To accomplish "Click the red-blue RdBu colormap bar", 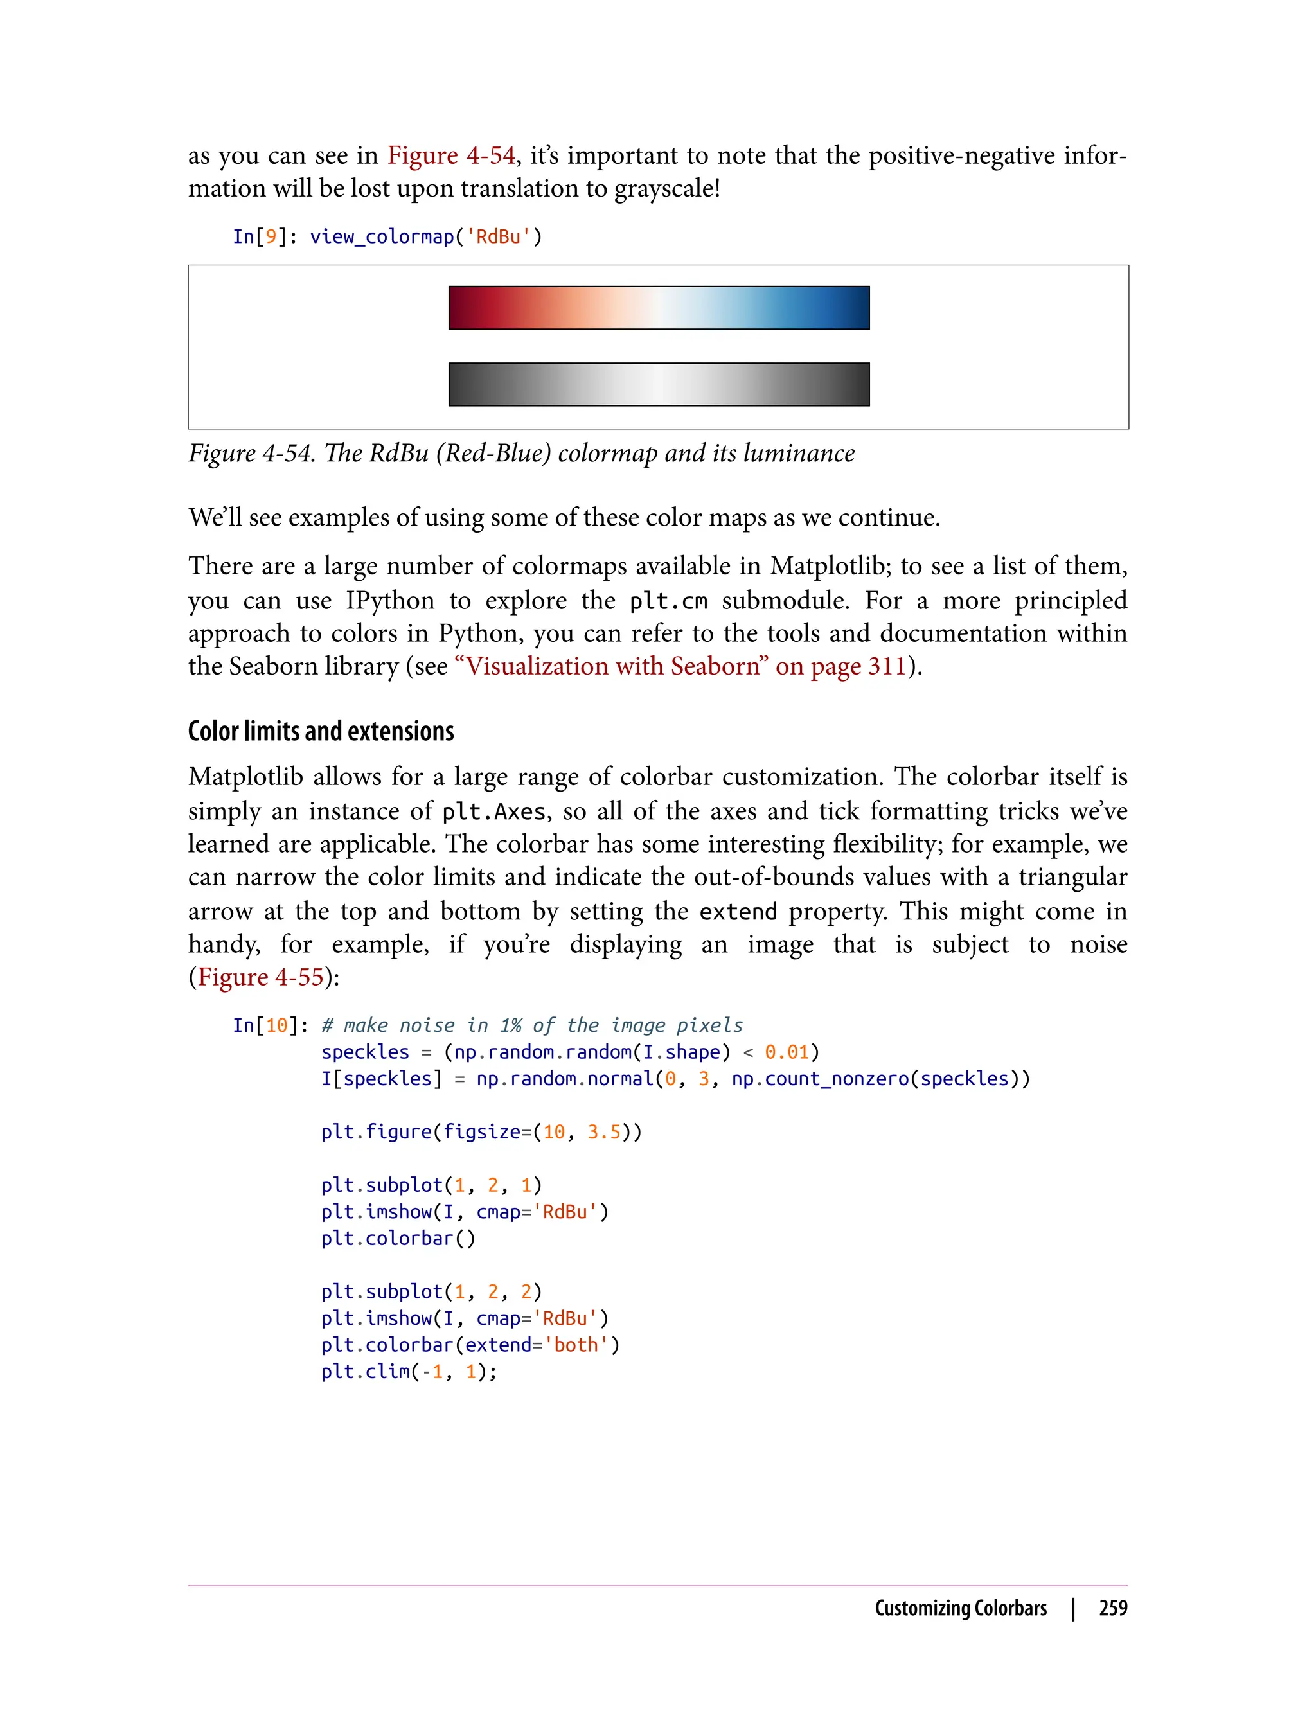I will coord(659,308).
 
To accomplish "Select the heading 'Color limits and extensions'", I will coord(321,731).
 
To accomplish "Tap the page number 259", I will coord(1112,1609).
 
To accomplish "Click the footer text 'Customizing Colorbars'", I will coord(961,1609).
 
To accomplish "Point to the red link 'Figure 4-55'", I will coord(261,977).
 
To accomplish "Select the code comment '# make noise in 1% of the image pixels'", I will coord(532,1025).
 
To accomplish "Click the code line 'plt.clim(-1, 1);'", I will coord(409,1372).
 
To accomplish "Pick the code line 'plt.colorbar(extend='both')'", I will coord(470,1345).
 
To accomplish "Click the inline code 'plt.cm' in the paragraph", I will coord(668,601).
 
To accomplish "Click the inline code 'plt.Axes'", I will coord(493,811).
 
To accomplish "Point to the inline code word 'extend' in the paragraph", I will coord(738,912).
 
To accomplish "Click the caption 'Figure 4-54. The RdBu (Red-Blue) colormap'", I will coord(521,453).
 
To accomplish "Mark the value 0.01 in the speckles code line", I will coord(787,1052).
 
